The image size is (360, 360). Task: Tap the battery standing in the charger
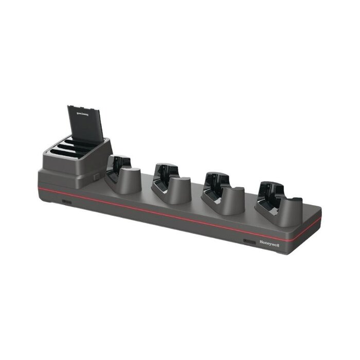pos(85,124)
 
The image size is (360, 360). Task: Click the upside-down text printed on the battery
pos(83,110)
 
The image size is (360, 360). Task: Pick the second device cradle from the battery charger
pos(171,183)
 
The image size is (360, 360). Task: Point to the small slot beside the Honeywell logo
pos(249,241)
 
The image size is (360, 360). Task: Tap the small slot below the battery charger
pos(67,202)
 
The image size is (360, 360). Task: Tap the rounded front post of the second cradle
pos(179,190)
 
